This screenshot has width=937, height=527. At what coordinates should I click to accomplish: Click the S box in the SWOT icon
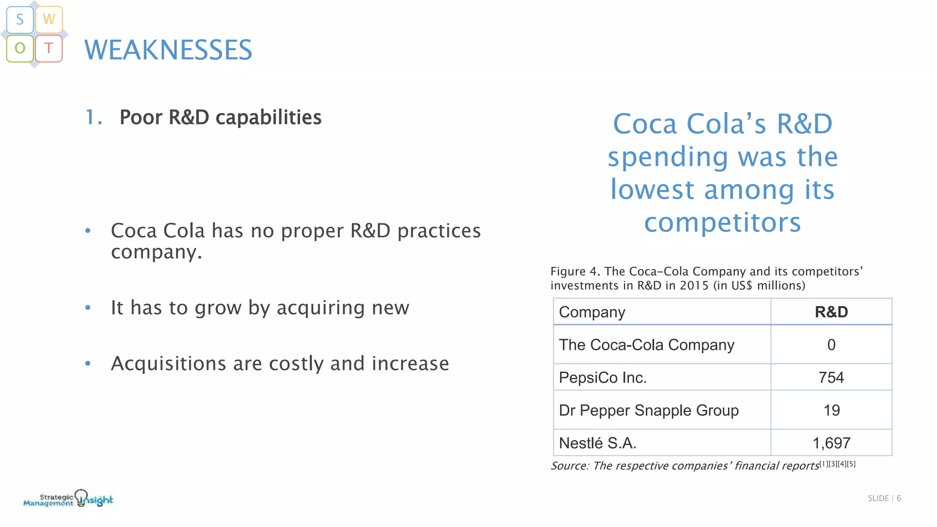coord(20,20)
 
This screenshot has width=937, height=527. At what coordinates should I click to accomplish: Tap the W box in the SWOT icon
coord(49,20)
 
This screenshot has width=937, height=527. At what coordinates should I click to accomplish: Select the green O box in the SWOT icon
coord(20,48)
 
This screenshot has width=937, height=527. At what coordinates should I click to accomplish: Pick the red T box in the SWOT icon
coord(49,48)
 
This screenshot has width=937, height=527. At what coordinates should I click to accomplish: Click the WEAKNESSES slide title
coord(168,50)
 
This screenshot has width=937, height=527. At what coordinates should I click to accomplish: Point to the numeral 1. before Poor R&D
coord(94,118)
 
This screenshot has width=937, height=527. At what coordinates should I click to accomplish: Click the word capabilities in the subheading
coord(269,118)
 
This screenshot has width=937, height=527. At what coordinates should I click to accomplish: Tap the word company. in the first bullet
coord(156,252)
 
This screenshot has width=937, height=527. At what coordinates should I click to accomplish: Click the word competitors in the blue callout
coord(722,223)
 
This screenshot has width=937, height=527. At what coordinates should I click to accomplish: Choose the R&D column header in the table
coord(831,312)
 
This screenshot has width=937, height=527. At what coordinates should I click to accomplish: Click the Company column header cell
coord(592,312)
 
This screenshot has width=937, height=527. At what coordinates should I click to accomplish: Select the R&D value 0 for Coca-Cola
coord(831,345)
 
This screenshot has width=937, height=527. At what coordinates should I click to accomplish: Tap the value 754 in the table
coord(831,378)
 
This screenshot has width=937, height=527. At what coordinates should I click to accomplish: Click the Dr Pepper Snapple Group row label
coord(649,410)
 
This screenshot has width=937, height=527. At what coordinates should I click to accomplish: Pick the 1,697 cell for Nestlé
coord(831,443)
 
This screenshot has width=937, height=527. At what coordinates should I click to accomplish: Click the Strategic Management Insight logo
coord(68,499)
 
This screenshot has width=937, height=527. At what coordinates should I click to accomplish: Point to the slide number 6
coord(899,498)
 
